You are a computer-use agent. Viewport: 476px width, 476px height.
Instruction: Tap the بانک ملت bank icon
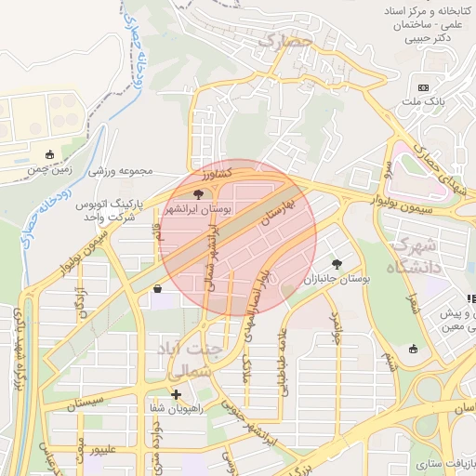coord(424,87)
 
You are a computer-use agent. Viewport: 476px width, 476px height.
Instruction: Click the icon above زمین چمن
coord(49,154)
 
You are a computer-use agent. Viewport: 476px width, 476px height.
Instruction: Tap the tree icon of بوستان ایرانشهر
coord(198,194)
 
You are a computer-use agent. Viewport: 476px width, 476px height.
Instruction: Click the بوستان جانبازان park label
coord(336,278)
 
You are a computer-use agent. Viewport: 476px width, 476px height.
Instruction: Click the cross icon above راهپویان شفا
coord(176,394)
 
